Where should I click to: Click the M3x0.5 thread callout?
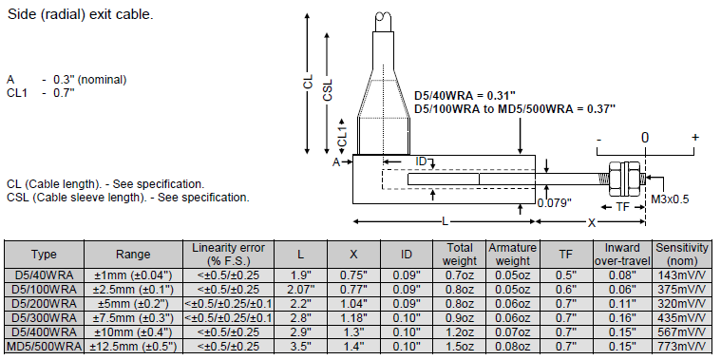pos(670,199)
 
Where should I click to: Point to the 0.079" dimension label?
pos(555,202)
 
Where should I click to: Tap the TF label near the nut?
pos(622,207)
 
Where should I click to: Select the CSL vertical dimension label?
pos(328,90)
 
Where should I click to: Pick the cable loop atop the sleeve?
pos(383,17)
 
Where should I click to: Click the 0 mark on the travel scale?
pos(645,138)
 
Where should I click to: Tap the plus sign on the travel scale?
pos(695,137)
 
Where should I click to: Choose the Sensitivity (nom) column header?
pos(682,255)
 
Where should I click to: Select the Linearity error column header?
pos(229,255)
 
